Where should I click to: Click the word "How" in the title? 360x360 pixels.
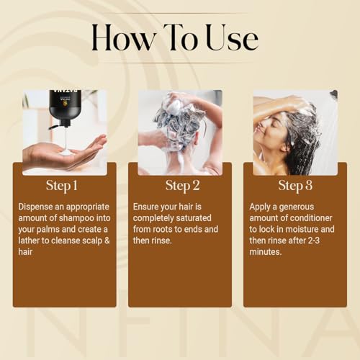[x=123, y=38]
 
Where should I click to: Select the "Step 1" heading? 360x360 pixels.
[x=62, y=186]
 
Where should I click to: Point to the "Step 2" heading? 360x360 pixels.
[x=182, y=186]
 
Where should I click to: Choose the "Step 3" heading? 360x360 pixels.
[x=295, y=186]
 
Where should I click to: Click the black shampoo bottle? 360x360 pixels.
[x=60, y=107]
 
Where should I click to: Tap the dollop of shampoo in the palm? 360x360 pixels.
[x=66, y=153]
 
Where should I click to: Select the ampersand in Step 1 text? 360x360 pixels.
[x=107, y=240]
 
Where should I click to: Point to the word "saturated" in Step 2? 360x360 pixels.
[x=194, y=218]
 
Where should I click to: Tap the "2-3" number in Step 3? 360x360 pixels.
[x=313, y=240]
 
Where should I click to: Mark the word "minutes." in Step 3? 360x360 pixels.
[x=265, y=252]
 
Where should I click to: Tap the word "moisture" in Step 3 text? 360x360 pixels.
[x=301, y=229]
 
